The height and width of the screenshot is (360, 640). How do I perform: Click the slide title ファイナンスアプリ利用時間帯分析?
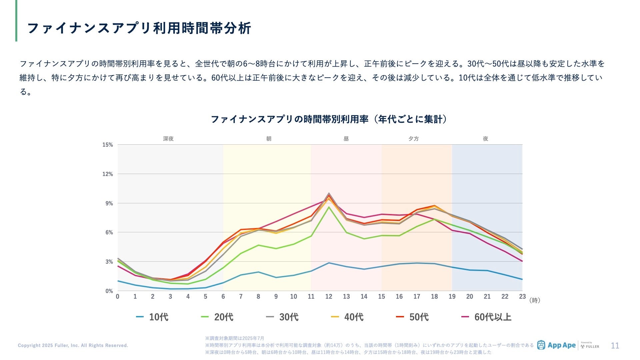(x=139, y=28)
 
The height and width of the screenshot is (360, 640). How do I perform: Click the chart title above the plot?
(x=329, y=119)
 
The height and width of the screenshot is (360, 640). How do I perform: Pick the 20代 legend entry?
(x=218, y=317)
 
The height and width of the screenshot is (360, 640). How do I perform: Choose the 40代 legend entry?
(x=348, y=317)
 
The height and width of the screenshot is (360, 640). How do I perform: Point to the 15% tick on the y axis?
(x=108, y=145)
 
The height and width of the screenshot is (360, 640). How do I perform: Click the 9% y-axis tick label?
(x=109, y=203)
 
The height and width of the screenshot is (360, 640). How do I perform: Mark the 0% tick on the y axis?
(x=109, y=291)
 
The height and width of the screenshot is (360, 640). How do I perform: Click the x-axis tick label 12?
(x=329, y=297)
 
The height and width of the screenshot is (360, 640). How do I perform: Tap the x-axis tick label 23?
(x=522, y=297)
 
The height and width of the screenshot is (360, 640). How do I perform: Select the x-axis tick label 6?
(x=223, y=297)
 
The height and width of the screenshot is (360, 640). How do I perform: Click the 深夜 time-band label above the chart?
(x=168, y=139)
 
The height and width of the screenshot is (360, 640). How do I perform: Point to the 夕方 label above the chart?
(x=414, y=139)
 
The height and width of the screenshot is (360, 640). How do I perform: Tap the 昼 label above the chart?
(x=346, y=139)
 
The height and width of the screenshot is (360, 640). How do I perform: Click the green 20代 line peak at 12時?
(x=329, y=207)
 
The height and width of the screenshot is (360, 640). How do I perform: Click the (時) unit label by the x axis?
(x=535, y=300)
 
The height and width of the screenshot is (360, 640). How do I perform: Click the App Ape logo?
(x=557, y=345)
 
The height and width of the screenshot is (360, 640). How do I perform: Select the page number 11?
(x=615, y=346)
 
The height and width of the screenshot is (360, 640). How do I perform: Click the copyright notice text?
(x=73, y=345)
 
